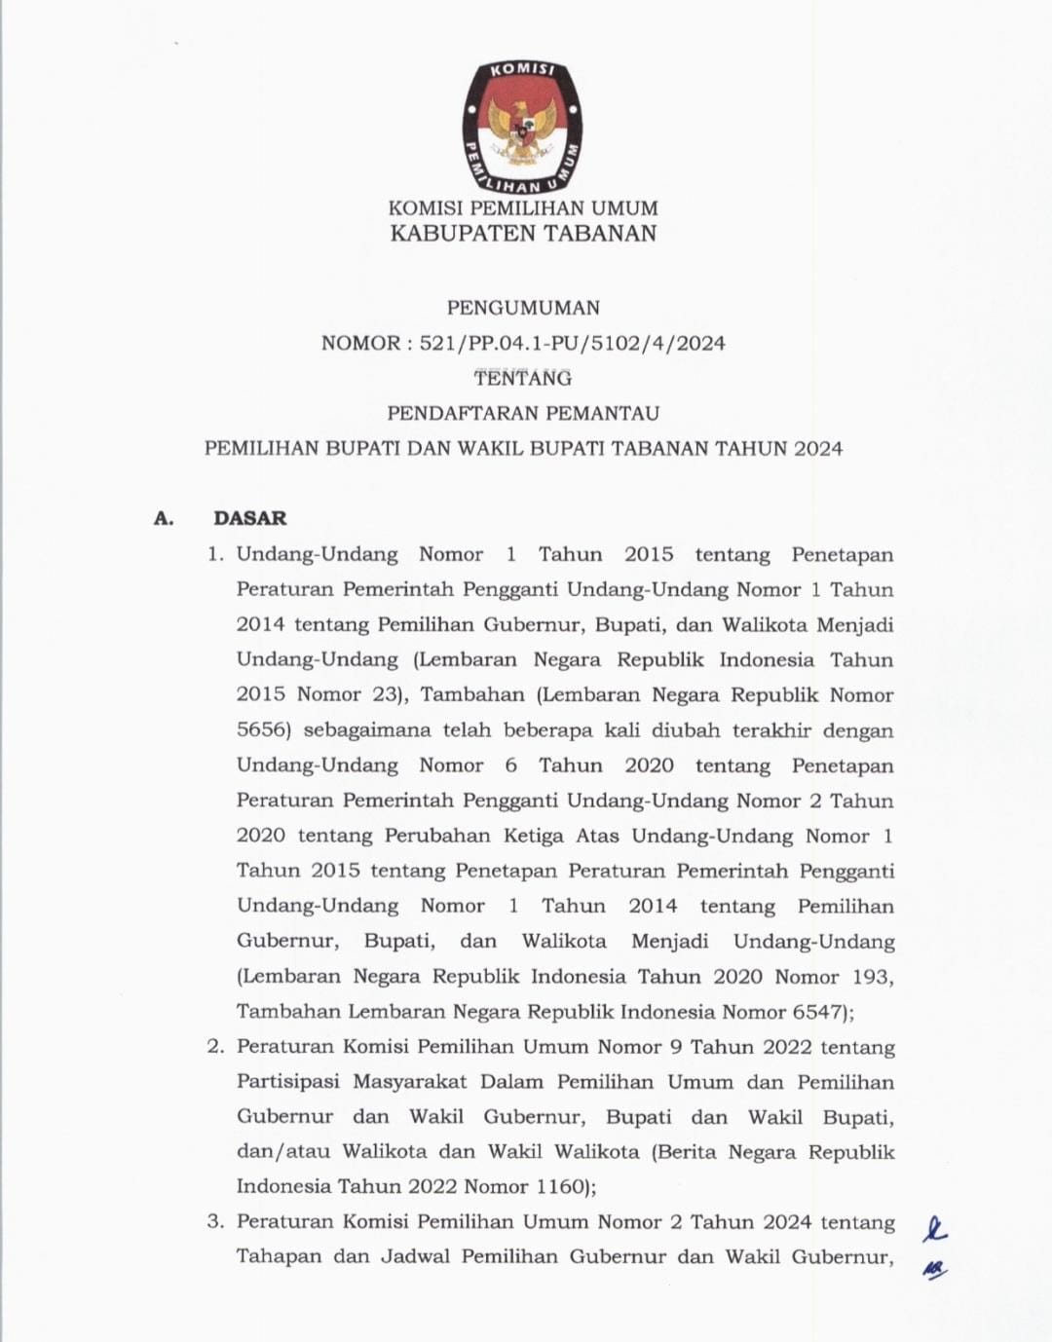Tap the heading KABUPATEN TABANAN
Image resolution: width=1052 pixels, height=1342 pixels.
[x=523, y=234]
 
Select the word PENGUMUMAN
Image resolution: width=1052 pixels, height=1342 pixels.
[x=523, y=308]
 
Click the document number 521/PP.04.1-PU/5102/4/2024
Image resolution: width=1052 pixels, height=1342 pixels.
[x=572, y=343]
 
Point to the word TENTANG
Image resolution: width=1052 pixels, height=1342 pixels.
[x=523, y=378]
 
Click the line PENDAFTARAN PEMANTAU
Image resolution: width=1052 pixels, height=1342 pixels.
[x=523, y=413]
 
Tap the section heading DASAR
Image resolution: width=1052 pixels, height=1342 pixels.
[x=250, y=518]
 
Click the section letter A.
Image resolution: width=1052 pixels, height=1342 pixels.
[x=164, y=518]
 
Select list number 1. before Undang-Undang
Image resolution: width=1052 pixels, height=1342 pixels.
[x=215, y=554]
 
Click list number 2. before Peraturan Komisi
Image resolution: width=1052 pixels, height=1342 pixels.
[x=215, y=1047]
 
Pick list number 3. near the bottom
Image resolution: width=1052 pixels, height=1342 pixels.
[x=215, y=1221]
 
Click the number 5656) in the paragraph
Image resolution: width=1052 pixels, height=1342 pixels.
[x=264, y=730]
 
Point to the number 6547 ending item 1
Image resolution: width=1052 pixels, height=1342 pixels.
[x=818, y=1012]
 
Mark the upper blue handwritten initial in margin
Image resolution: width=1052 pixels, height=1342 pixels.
[x=935, y=1230]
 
